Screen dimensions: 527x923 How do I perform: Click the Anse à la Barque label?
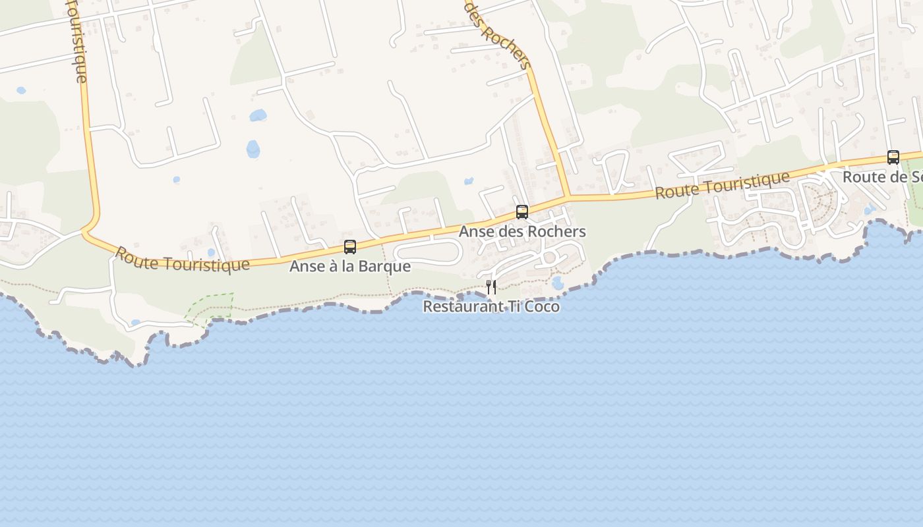(350, 267)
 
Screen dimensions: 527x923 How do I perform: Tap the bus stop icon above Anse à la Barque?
(350, 247)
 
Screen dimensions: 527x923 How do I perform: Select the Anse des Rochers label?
(522, 232)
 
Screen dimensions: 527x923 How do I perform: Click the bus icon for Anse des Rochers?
(522, 211)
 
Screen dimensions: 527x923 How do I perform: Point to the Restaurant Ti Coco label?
(491, 307)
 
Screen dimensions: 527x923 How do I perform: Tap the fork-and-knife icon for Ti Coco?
(491, 287)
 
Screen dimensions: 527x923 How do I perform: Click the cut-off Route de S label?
(882, 177)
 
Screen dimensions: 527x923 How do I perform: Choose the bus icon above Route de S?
(893, 157)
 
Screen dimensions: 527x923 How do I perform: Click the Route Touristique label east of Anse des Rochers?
(723, 185)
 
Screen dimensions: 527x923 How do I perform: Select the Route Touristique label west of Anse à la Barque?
(183, 259)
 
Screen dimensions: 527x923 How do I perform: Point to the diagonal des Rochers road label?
(498, 33)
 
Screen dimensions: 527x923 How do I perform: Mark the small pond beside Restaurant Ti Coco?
(558, 283)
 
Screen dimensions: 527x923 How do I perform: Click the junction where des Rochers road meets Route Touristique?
(568, 197)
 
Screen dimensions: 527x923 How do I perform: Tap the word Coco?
(541, 307)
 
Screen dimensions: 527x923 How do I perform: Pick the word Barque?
(389, 267)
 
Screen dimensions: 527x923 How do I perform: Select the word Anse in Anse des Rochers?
(475, 232)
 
